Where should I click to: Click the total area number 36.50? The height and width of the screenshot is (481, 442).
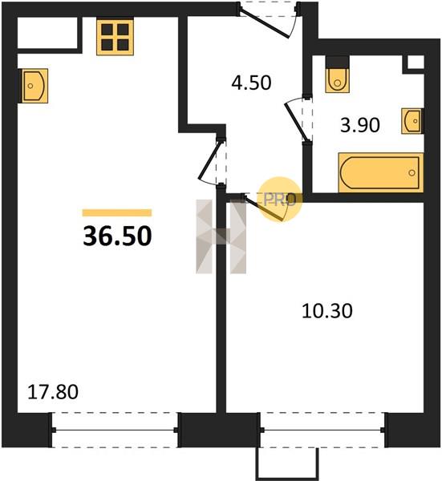117,236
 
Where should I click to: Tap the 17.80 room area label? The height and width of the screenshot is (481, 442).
53,392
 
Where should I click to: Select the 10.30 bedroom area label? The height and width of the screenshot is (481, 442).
327,311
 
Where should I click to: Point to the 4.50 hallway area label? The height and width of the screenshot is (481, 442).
251,83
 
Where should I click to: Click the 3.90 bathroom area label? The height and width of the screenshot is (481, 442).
360,125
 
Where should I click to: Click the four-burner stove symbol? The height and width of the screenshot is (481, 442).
115,37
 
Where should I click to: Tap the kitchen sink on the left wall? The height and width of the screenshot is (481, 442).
34,86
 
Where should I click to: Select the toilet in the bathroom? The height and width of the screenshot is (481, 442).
338,75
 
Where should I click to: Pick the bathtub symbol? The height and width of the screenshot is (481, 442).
381,172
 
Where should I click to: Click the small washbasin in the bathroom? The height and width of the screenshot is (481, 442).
412,121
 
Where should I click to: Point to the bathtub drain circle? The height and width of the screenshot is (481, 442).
412,172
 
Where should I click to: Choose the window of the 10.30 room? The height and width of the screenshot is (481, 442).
322,430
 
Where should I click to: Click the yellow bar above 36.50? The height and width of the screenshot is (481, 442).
117,213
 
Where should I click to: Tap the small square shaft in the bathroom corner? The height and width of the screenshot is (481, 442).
416,63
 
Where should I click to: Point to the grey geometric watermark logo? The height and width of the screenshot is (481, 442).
221,236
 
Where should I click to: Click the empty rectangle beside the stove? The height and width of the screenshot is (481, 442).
47,33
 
